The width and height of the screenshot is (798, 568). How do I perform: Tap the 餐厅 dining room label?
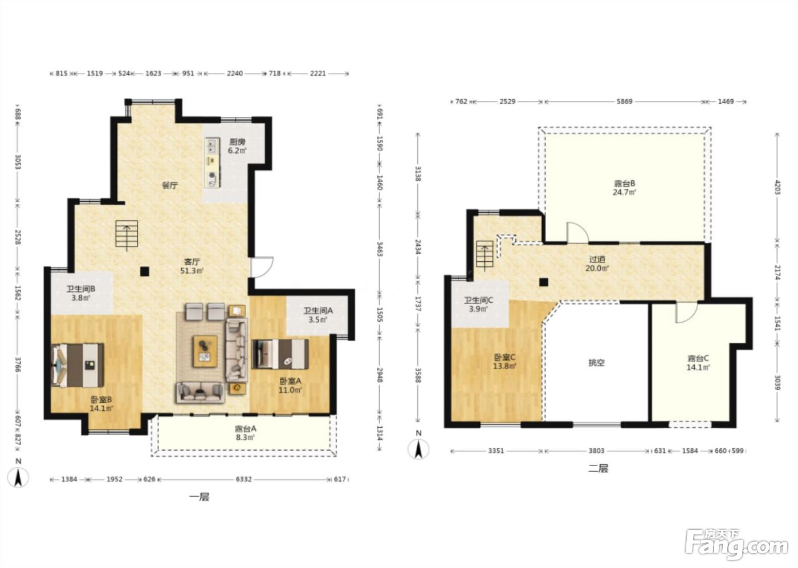click(170, 186)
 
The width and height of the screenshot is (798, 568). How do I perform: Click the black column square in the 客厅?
click(144, 271)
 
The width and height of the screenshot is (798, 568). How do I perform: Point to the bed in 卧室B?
click(78, 365)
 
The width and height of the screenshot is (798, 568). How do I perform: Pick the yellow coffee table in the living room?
click(205, 351)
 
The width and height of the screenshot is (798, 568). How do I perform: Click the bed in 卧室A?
click(280, 354)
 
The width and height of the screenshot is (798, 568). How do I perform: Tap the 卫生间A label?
click(318, 311)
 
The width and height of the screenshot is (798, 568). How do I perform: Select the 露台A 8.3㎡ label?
click(246, 433)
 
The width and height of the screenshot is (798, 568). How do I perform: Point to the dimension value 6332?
click(244, 479)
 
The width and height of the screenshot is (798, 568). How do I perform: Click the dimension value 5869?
click(625, 102)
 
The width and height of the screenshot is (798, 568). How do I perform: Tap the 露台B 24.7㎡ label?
click(625, 188)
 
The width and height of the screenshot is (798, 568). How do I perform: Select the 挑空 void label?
click(596, 363)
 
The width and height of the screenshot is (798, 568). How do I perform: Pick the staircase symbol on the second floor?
click(485, 254)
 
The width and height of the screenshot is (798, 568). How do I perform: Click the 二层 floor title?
click(598, 468)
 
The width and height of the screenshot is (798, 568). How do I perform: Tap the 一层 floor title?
click(199, 497)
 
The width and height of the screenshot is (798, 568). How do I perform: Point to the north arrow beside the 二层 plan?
click(418, 448)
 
